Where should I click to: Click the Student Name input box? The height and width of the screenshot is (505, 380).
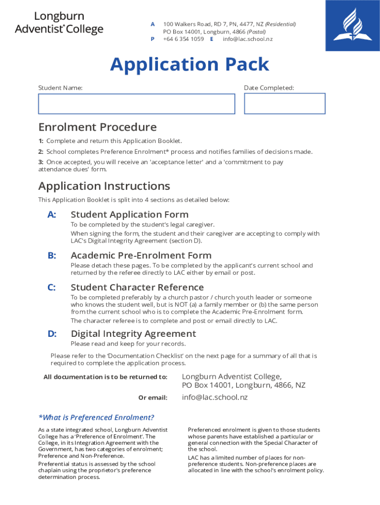pos(136,104)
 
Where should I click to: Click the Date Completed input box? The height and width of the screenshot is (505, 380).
pos(284,104)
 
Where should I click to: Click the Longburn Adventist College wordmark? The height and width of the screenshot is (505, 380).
pos(59,23)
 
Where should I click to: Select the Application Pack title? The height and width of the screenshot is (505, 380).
pos(190,65)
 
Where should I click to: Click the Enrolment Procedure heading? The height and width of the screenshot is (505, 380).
pos(97,127)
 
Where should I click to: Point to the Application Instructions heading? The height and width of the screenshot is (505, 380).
pos(104,186)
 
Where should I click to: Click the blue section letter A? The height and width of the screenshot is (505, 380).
pos(52,215)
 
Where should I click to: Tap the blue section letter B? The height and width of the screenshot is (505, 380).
pos(52,255)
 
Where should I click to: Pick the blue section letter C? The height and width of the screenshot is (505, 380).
pos(52,288)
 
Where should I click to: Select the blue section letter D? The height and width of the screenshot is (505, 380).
pos(52,334)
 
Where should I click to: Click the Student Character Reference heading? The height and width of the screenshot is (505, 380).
pos(137,288)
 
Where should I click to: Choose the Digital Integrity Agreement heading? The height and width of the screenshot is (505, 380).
pos(133,334)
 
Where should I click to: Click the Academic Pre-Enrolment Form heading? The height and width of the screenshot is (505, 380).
pos(141,255)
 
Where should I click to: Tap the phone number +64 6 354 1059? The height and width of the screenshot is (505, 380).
pos(183,39)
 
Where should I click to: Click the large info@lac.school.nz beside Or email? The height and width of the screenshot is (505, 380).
pos(215,397)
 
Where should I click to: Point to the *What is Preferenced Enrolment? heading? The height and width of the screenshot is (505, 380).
pos(96,417)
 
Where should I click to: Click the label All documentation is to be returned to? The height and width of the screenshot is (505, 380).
pos(105,377)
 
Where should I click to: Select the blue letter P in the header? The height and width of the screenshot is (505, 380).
pos(152,39)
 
